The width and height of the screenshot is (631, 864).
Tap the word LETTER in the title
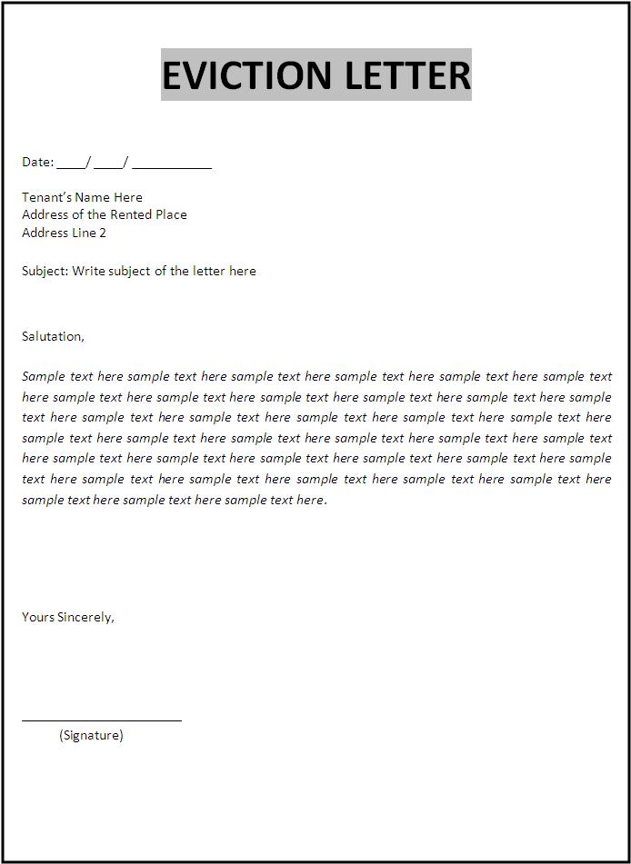coord(406,74)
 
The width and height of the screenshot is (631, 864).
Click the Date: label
coord(38,162)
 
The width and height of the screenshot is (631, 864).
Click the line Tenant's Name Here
coord(82,197)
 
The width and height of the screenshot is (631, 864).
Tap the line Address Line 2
coord(64,233)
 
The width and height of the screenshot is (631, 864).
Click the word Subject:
coord(45,271)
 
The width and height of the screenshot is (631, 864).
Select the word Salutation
coord(52,336)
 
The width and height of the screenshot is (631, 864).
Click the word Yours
coord(38,617)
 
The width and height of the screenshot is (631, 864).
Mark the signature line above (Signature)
coord(102,720)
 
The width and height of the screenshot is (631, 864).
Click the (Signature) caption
coord(91,735)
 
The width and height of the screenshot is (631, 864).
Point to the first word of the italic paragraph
coord(44,376)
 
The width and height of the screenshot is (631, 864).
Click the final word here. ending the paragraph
coord(310,500)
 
